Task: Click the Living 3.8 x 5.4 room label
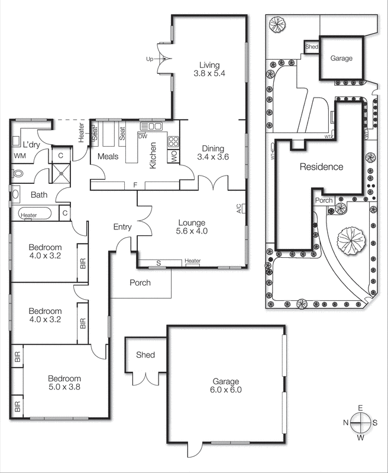pyautogui.click(x=209, y=69)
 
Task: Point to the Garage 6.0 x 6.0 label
pyautogui.click(x=226, y=385)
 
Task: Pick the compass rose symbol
pyautogui.click(x=360, y=422)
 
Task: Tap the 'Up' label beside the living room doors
pyautogui.click(x=150, y=59)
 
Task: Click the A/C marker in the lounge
pyautogui.click(x=238, y=208)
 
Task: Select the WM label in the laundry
pyautogui.click(x=20, y=156)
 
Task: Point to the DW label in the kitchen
pyautogui.click(x=142, y=136)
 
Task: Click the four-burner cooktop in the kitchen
pyautogui.click(x=174, y=142)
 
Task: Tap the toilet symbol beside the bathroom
pyautogui.click(x=18, y=174)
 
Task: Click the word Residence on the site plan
pyautogui.click(x=321, y=167)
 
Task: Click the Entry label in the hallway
pyautogui.click(x=123, y=227)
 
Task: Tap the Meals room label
pyautogui.click(x=108, y=157)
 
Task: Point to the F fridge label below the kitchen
pyautogui.click(x=135, y=185)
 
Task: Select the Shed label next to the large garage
pyautogui.click(x=145, y=355)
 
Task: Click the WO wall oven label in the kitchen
pyautogui.click(x=174, y=157)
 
